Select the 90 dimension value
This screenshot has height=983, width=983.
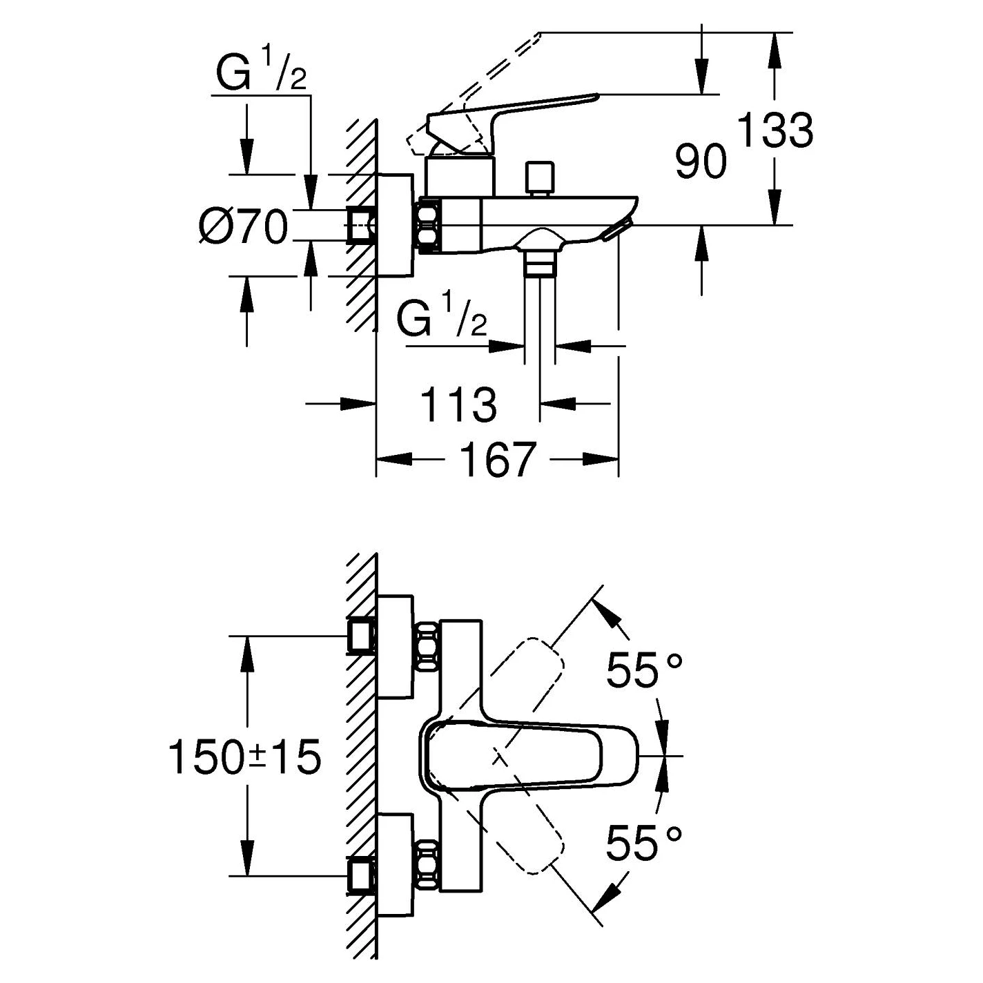point(701,162)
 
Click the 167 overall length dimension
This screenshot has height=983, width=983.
point(497,459)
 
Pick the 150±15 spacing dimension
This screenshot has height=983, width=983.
point(245,757)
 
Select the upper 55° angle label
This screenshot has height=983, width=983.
point(643,670)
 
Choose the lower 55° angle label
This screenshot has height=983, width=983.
point(643,843)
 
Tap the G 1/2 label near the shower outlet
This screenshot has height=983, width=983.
point(442,319)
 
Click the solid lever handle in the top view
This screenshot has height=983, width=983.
point(532,756)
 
